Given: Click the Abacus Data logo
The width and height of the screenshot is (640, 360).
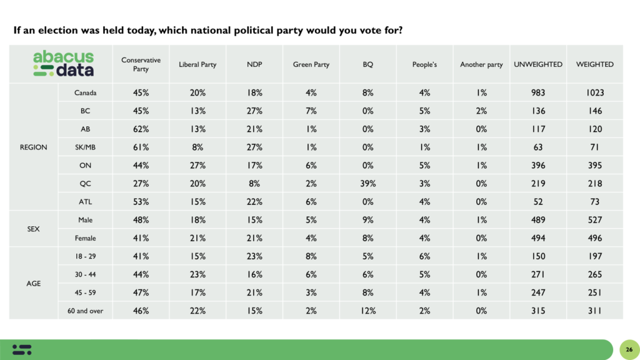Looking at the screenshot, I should tap(63, 64).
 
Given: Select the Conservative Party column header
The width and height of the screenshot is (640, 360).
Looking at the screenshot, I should tap(141, 64).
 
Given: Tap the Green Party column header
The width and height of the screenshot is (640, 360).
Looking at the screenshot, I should tap(311, 64).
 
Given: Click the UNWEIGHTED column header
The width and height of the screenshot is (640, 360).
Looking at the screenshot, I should tap(537, 64).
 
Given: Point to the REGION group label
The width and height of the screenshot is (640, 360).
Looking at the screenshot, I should tap(33, 147).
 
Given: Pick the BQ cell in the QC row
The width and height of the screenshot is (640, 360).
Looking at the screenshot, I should tap(367, 184).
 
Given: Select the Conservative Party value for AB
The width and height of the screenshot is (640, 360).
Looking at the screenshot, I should tap(141, 129).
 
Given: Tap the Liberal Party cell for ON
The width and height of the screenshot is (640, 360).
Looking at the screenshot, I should tap(197, 166).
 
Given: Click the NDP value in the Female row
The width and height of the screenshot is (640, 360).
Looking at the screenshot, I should tap(254, 238).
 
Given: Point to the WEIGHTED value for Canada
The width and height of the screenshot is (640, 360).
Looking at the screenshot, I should tap(594, 93).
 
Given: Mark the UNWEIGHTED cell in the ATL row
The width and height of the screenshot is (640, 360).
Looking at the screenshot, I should tap(537, 202).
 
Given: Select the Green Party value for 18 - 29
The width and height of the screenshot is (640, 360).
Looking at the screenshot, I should tap(311, 256).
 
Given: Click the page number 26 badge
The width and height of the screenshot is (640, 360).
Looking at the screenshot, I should tap(627, 349).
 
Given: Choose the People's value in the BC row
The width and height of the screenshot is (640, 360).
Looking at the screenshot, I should tap(424, 111).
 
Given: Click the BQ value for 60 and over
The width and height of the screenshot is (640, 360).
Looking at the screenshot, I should tap(367, 310).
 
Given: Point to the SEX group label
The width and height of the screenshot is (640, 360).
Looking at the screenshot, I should tap(33, 229).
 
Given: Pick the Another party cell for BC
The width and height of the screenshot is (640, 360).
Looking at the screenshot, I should tap(481, 111).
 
